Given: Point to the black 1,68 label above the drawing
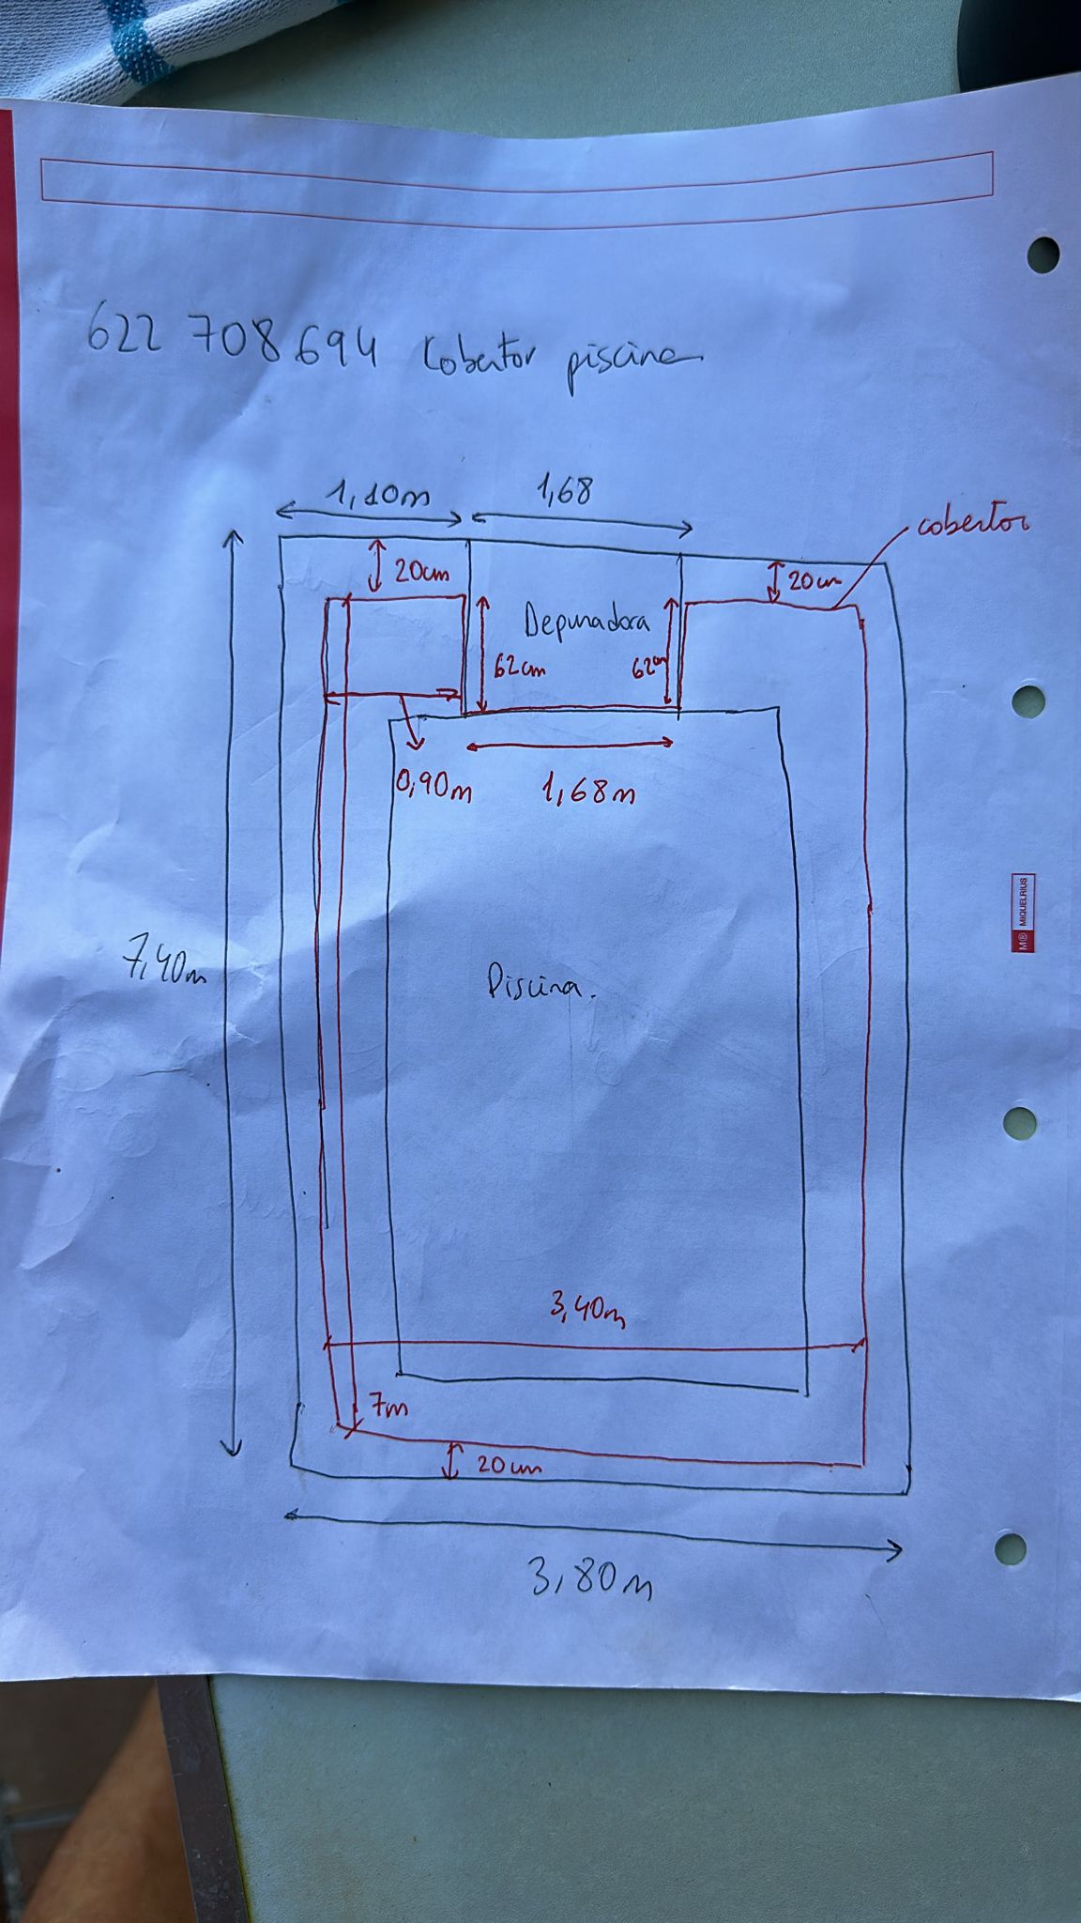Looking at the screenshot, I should pyautogui.click(x=564, y=491).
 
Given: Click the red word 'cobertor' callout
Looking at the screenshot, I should pyautogui.click(x=972, y=523).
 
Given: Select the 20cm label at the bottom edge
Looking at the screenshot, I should pyautogui.click(x=508, y=1464).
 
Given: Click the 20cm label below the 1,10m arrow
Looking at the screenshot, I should pyautogui.click(x=420, y=572).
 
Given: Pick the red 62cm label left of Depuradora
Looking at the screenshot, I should pyautogui.click(x=518, y=669).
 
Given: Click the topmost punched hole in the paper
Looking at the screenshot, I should pyautogui.click(x=1043, y=254).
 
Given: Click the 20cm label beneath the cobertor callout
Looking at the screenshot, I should pyautogui.click(x=809, y=582).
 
